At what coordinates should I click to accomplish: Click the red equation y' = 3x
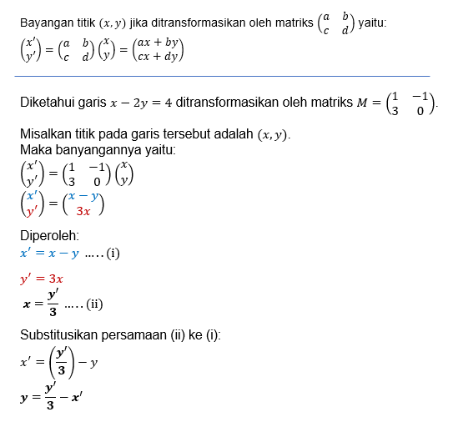43,279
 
